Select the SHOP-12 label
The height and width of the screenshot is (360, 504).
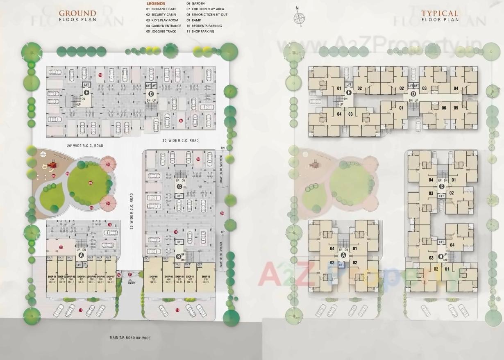click(x=206, y=277)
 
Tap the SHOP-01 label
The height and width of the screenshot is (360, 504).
click(x=52, y=277)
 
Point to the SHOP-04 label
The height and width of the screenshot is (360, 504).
click(x=81, y=277)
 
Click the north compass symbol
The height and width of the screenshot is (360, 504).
click(x=299, y=18)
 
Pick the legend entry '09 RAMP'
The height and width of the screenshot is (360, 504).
click(x=194, y=20)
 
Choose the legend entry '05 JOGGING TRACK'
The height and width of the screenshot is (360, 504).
click(x=161, y=32)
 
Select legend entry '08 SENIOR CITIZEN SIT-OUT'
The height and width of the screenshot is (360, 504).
click(x=207, y=14)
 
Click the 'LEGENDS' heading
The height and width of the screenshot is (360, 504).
click(x=156, y=4)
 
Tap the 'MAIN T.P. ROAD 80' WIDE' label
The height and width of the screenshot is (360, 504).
click(x=130, y=338)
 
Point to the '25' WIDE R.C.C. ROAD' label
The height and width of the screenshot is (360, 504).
click(x=132, y=211)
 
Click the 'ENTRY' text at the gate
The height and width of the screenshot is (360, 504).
click(x=131, y=283)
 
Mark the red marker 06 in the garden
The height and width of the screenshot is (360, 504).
click(x=91, y=183)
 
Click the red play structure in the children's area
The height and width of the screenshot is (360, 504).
click(x=51, y=165)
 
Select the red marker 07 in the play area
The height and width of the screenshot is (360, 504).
click(x=53, y=175)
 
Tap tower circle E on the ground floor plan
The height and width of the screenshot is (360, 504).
click(x=86, y=93)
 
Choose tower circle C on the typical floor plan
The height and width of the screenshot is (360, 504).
click(x=441, y=187)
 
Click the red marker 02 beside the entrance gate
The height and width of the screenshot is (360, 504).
click(x=119, y=275)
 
